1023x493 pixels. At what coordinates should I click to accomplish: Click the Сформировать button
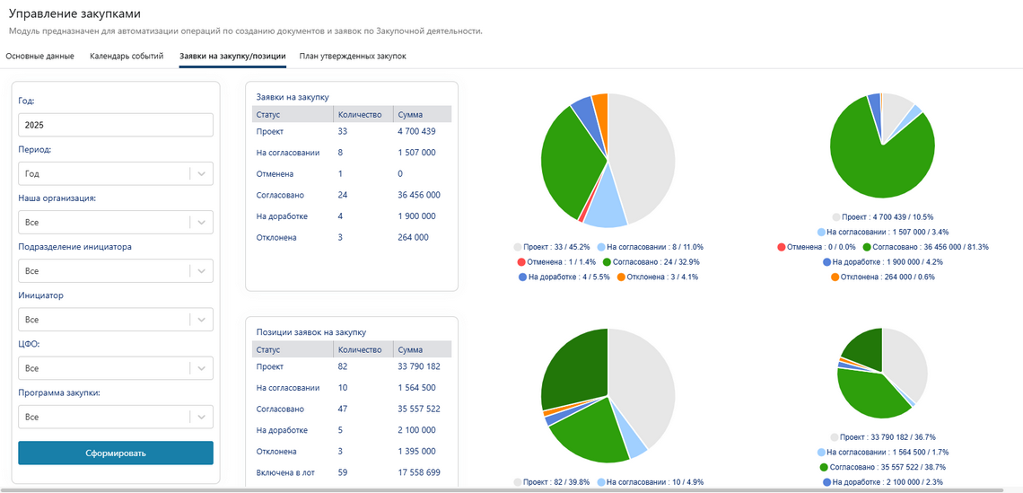click(x=116, y=453)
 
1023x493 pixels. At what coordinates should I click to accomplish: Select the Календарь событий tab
click(x=127, y=57)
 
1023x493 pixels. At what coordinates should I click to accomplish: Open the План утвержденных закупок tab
click(x=353, y=57)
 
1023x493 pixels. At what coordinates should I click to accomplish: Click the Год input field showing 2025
click(x=116, y=126)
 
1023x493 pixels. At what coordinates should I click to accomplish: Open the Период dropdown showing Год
click(x=104, y=174)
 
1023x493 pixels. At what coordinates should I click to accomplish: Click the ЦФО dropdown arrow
click(x=201, y=368)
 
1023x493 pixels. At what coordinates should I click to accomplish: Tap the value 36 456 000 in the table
click(x=419, y=195)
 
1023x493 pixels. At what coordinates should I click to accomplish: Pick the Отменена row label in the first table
click(x=275, y=174)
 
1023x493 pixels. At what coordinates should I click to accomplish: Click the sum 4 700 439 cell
click(x=416, y=132)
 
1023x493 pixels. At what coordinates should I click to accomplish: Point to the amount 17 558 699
click(x=419, y=472)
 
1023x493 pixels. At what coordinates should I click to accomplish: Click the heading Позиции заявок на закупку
click(x=304, y=332)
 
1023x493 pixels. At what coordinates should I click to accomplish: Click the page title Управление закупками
click(x=74, y=14)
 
